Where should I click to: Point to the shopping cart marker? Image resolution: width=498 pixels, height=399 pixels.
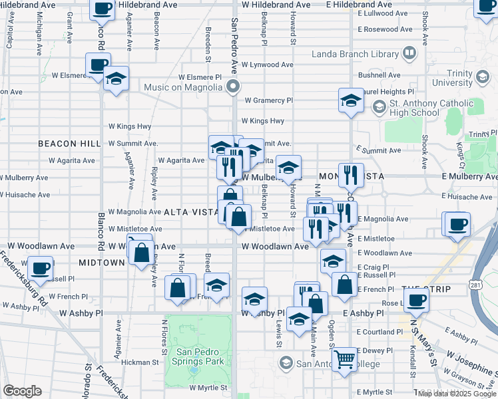(345, 360)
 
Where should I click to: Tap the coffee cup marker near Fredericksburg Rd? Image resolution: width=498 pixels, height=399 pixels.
(41, 268)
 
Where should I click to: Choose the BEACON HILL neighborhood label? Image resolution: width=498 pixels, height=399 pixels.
(69, 144)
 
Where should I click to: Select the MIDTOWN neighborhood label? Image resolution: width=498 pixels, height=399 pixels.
(102, 263)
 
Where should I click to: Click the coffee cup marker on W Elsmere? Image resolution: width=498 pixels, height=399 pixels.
(98, 65)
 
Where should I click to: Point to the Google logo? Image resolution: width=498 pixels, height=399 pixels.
(22, 391)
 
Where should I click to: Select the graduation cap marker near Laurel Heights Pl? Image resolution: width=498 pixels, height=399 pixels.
(351, 100)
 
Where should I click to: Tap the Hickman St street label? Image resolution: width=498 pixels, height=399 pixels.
(140, 363)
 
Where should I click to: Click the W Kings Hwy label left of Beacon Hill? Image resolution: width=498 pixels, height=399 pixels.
(130, 126)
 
